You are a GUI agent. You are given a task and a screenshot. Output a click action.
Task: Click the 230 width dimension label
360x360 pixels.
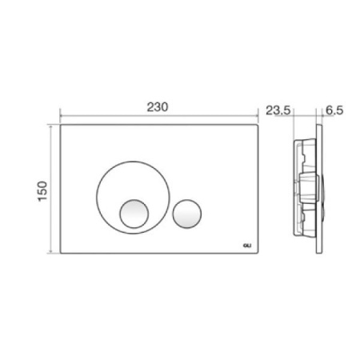click(158, 107)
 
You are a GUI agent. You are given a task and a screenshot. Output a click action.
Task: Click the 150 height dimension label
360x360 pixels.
click(42, 191)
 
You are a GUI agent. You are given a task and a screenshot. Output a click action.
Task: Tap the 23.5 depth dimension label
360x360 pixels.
click(278, 110)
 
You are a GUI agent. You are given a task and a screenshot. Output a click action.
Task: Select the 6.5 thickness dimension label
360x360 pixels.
click(334, 110)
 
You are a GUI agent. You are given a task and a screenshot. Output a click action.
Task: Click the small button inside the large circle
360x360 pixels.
click(134, 214)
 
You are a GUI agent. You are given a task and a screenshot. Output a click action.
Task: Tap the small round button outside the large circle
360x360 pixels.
click(187, 214)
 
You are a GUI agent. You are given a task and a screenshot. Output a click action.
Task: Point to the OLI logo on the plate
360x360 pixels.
click(247, 246)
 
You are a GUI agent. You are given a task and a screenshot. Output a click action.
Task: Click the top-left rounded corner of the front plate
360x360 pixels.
click(61, 125)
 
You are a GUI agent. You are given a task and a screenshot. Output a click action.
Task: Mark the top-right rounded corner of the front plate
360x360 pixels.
click(258, 125)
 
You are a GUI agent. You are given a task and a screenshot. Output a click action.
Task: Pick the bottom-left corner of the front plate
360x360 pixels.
click(61, 253)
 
